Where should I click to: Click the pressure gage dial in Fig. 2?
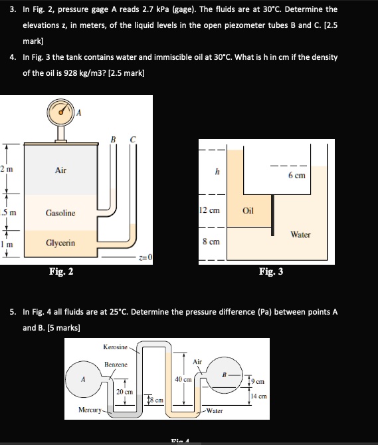coord(61,113)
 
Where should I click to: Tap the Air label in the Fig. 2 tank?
coord(60,171)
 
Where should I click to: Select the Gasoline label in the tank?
coord(60,213)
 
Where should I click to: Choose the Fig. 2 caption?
coord(61,271)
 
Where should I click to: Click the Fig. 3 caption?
coord(272,271)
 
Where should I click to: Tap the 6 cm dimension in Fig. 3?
coord(296,176)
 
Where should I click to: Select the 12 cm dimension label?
coord(210,211)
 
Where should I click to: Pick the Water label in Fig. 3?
coord(301,234)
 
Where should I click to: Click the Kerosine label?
coord(116,348)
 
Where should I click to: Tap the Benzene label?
coord(116,365)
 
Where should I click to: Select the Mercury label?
coord(89,411)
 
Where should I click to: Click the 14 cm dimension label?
coord(260,395)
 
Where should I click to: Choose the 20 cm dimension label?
coord(124,392)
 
